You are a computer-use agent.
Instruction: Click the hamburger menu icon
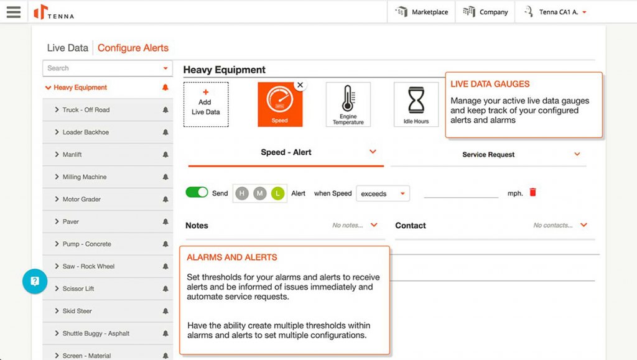tap(13, 12)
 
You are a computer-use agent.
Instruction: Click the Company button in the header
tap(485, 12)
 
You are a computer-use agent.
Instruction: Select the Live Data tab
tap(68, 48)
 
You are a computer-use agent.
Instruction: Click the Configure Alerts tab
tap(133, 48)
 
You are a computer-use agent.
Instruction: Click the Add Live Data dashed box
tap(205, 104)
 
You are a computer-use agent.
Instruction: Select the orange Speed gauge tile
tap(280, 104)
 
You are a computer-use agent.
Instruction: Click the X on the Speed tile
tap(300, 85)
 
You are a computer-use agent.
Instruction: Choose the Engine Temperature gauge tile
tap(348, 104)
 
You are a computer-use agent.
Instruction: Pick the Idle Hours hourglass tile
tap(416, 104)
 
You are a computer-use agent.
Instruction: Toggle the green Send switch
tap(197, 193)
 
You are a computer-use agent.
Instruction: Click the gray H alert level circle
tap(242, 193)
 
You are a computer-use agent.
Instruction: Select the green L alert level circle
tap(277, 193)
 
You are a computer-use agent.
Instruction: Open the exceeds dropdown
tap(383, 193)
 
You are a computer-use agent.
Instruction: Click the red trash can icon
tap(532, 193)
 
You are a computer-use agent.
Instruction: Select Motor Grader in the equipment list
tap(81, 200)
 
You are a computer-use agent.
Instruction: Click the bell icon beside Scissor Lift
tap(165, 289)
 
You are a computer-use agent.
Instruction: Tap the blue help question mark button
tap(35, 281)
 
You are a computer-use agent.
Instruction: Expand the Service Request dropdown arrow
tap(577, 154)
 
